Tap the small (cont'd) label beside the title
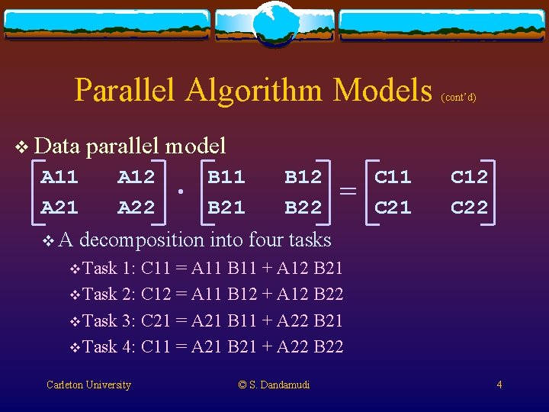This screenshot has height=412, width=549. pos(459,98)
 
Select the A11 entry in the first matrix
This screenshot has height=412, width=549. pos(59,178)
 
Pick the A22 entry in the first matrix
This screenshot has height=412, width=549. pos(136,207)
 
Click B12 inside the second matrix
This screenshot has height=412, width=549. pos(303,178)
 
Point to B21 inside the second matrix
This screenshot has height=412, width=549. pos(226,207)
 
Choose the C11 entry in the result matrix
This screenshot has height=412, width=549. pos(393,178)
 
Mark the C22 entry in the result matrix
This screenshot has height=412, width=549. pos(469,207)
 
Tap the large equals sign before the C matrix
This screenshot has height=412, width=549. pos(348,192)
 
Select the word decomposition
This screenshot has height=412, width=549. pos(141,240)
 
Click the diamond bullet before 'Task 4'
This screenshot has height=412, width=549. pos(74,348)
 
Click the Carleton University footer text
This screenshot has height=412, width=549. pos(88,385)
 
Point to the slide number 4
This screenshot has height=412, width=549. pos(499,385)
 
